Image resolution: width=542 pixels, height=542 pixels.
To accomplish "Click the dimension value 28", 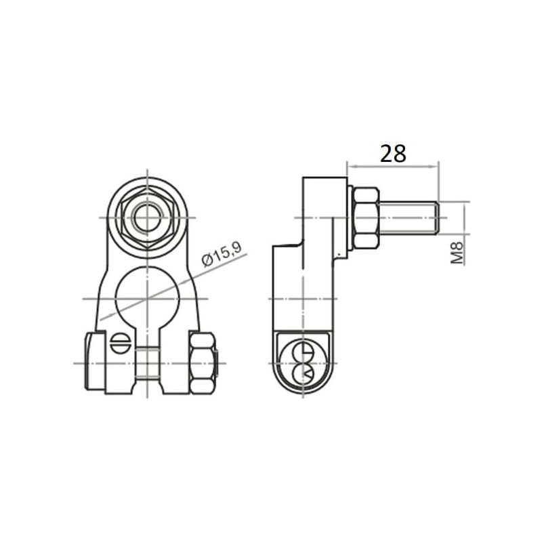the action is (393, 154).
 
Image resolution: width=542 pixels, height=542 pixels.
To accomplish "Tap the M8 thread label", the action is (457, 253).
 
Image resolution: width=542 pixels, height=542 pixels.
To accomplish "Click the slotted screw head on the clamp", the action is (121, 343).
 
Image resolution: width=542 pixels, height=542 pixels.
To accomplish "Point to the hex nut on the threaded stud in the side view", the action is (366, 217).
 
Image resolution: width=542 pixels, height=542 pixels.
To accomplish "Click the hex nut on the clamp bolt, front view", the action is (202, 363).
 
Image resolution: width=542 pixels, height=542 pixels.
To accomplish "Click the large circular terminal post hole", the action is (148, 298).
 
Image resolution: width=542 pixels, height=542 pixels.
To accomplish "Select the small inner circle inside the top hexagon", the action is (148, 217).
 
